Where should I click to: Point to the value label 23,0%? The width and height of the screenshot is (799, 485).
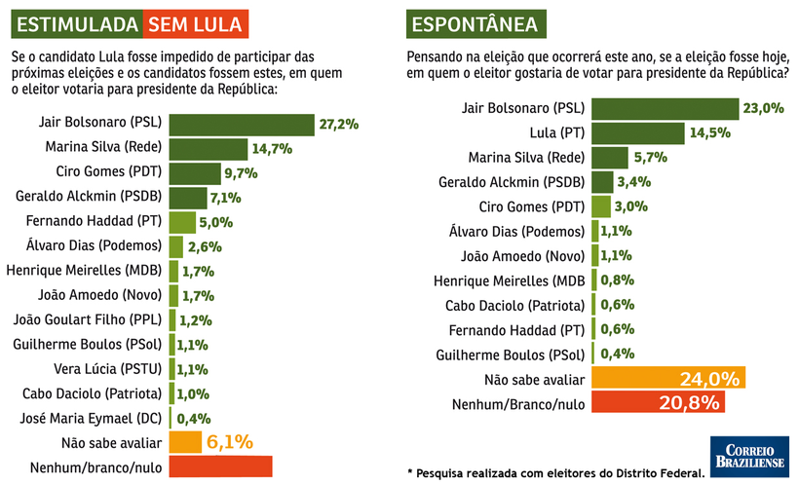click(x=764, y=108)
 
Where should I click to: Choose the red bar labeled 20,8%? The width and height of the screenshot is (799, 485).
click(x=659, y=402)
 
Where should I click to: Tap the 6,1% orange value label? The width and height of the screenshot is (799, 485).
click(x=229, y=442)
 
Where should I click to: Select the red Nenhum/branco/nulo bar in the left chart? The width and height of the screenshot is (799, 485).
click(x=220, y=466)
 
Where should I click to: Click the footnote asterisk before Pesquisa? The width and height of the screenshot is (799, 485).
click(x=410, y=472)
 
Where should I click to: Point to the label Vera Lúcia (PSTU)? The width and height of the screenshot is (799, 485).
click(x=108, y=368)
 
